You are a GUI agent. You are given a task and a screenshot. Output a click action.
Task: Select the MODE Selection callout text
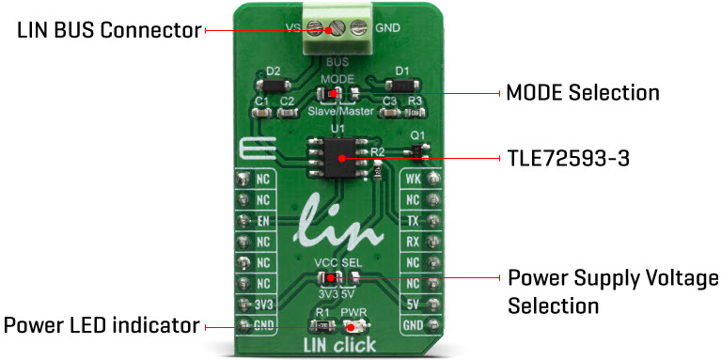tap(582, 92)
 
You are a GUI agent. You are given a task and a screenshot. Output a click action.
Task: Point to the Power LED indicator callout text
tap(102, 326)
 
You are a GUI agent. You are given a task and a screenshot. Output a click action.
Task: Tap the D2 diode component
tap(274, 86)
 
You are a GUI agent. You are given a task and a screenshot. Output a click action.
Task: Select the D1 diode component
tap(400, 86)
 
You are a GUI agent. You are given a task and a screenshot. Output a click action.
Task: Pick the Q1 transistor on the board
tap(416, 150)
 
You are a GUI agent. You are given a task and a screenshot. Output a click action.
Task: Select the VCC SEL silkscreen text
tap(337, 262)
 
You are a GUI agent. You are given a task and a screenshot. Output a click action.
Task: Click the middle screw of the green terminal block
tap(337, 29)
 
